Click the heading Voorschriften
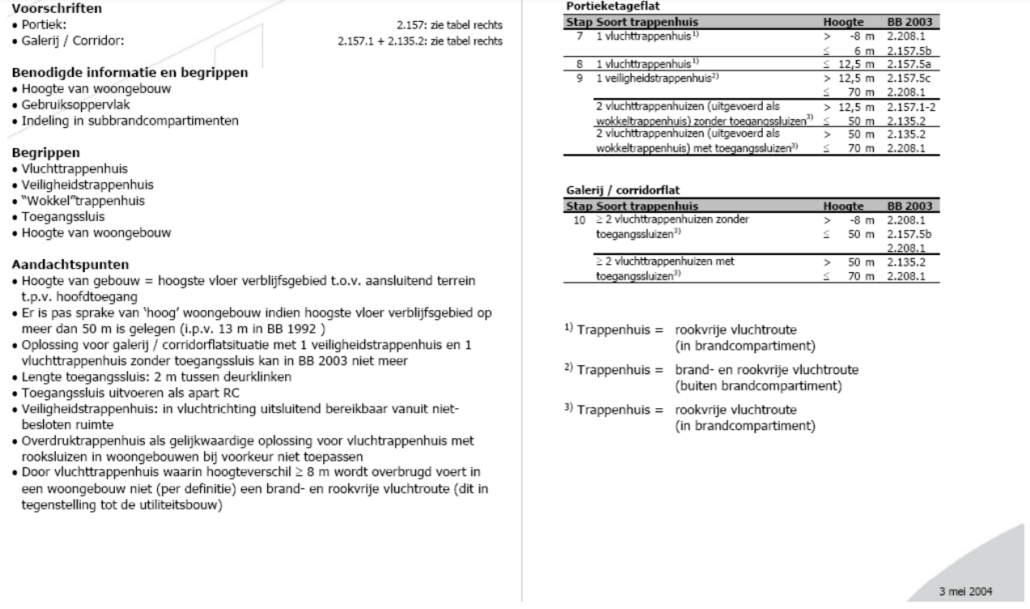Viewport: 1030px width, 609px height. [43, 10]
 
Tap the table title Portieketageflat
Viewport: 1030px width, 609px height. [601, 5]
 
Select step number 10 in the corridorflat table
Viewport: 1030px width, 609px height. [577, 219]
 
